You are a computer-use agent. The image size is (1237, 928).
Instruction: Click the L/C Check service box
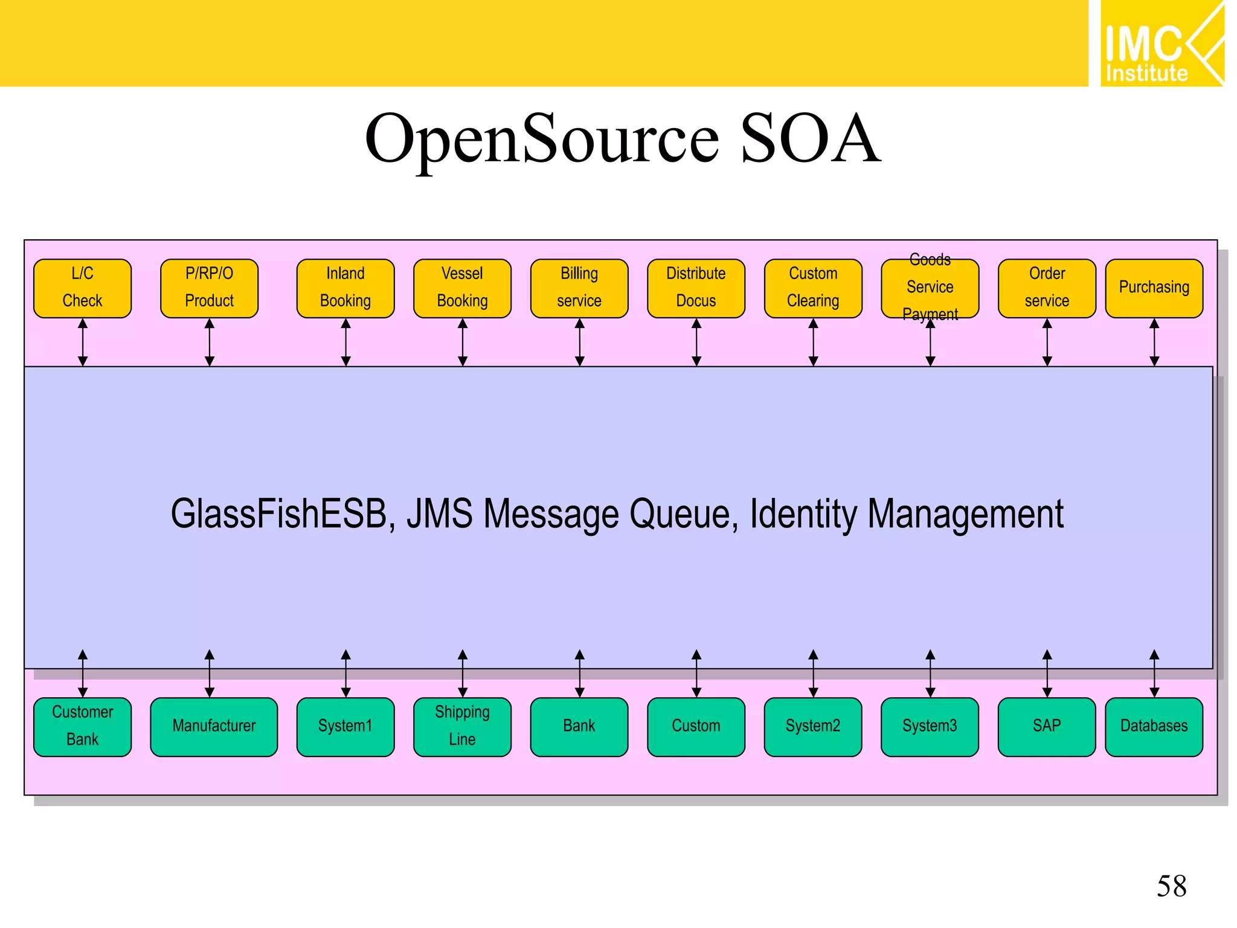coord(82,288)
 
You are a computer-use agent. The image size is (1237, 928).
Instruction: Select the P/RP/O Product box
coord(209,288)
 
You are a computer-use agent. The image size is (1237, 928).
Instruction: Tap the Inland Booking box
coord(345,288)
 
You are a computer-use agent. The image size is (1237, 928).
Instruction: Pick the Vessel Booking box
coord(462,288)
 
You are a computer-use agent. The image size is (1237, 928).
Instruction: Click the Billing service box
coord(579,288)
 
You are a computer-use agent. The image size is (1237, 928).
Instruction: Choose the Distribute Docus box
coord(696,288)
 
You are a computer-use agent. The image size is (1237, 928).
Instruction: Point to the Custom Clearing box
coord(813,288)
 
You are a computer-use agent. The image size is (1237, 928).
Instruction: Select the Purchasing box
coord(1154,288)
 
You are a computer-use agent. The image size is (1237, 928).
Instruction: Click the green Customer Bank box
coord(82,727)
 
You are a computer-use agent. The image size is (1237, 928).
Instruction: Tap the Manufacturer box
coord(214,727)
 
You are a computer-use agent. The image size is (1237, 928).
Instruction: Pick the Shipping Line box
coord(462,727)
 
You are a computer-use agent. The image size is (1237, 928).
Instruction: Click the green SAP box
coord(1047,727)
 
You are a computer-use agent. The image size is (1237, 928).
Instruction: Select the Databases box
coord(1154,727)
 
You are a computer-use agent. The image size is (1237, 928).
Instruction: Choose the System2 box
coord(813,727)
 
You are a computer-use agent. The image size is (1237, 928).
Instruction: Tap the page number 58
coord(1171,886)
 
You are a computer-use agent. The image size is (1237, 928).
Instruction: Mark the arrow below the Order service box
coord(1047,343)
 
